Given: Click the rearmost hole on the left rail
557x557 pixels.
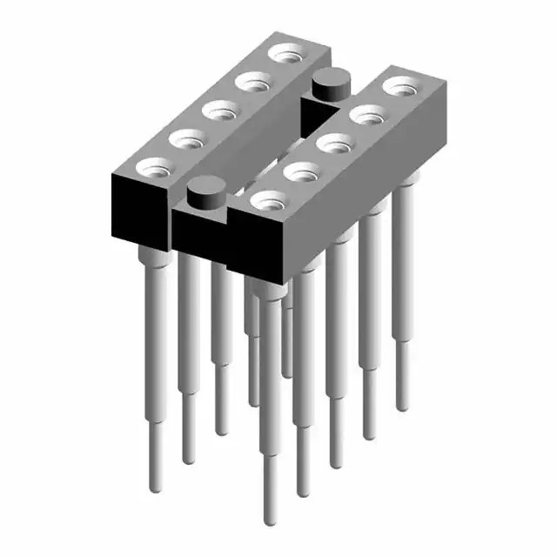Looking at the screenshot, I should pos(285,54).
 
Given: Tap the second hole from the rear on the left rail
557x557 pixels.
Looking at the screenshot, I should pos(252,83).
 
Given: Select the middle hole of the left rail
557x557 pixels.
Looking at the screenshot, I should pos(218,111).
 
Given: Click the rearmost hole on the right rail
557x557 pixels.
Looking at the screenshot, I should pos(400,86).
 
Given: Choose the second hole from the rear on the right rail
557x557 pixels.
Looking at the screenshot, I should pos(366,114).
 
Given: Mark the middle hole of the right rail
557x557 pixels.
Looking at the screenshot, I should pos(333,142).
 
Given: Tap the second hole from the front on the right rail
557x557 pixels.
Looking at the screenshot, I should pos(300,171).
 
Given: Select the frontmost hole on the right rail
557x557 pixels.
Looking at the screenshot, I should pos(267,199).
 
